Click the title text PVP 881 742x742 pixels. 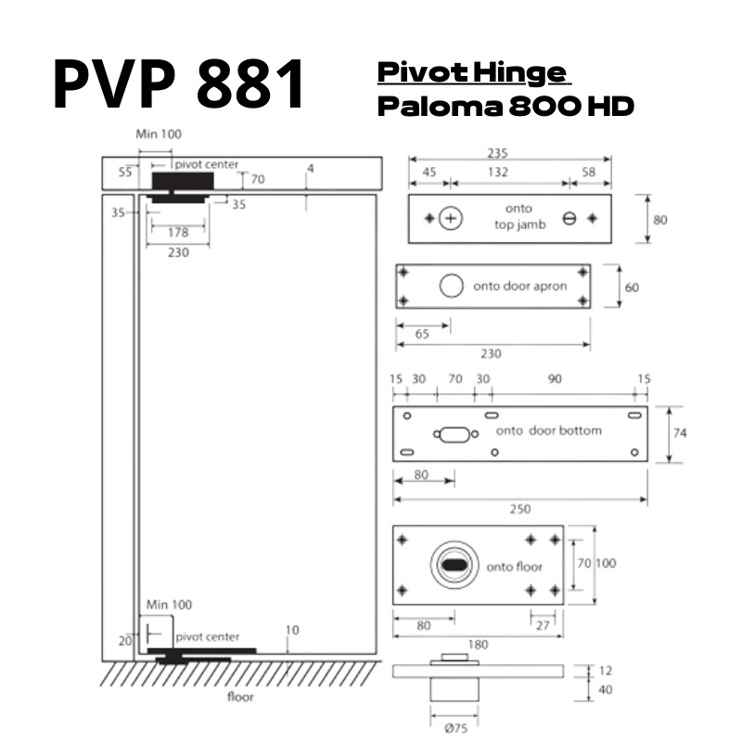178,84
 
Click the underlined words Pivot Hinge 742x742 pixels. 471,72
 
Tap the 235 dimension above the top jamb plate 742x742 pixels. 509,154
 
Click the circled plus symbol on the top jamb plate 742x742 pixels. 451,219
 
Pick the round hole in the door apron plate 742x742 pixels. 451,286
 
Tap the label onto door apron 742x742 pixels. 519,287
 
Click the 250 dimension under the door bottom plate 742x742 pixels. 520,509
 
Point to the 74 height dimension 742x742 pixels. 680,433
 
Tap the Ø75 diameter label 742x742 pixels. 455,728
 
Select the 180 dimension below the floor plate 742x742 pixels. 478,644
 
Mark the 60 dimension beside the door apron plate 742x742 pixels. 632,288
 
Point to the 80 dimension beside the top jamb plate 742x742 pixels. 659,221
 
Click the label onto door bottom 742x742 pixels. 549,430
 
